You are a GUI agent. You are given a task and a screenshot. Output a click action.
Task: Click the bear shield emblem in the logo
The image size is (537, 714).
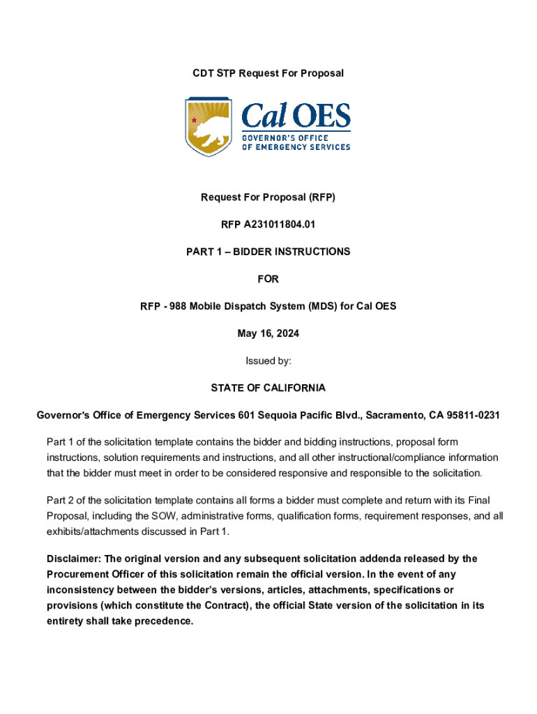pos(208,126)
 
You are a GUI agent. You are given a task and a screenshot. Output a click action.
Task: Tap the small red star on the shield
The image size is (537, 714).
pos(195,121)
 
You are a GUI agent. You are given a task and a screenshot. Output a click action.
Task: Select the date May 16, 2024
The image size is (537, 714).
pos(268,333)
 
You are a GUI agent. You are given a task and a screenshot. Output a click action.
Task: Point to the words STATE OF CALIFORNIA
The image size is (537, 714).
pos(268,388)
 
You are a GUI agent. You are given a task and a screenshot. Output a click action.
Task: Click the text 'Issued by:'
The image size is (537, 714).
pos(268,360)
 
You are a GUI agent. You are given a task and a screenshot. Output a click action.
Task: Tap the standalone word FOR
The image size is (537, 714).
pos(268,279)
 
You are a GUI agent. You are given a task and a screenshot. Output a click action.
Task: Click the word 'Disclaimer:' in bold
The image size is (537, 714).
pos(73,559)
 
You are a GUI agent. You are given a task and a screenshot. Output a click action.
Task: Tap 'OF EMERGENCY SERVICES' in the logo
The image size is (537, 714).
pos(296,147)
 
